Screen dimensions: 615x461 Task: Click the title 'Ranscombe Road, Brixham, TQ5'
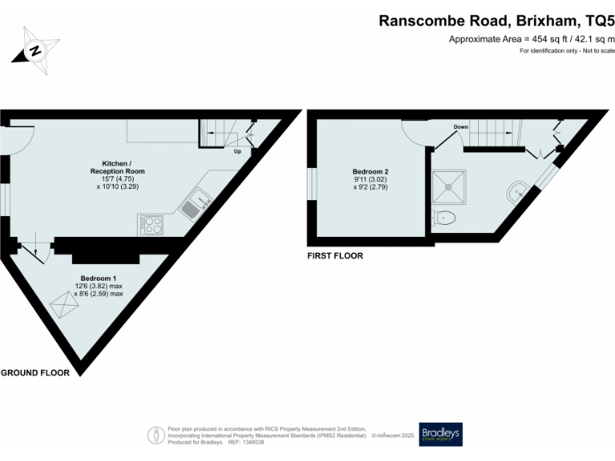coord(496,21)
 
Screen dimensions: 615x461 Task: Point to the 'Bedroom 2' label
coord(371,171)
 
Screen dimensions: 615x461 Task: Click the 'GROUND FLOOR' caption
coord(34,373)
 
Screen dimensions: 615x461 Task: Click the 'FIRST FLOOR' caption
coord(335,256)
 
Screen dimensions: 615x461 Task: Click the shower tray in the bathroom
coord(452,186)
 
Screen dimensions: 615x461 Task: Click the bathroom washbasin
coord(517,190)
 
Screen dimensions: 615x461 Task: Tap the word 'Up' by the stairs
coord(237,151)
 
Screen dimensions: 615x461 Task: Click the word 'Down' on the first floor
coord(460,126)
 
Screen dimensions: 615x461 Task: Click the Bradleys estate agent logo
coord(440,434)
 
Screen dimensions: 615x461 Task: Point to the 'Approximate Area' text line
coord(531,39)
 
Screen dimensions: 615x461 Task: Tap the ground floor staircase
coord(218,132)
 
